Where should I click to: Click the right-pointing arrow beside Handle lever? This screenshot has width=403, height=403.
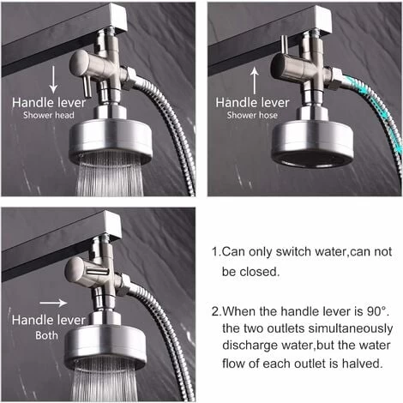[x=52, y=302]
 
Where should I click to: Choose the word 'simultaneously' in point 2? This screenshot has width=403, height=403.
[x=340, y=328]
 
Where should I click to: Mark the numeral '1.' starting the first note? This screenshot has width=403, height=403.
[x=215, y=252]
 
